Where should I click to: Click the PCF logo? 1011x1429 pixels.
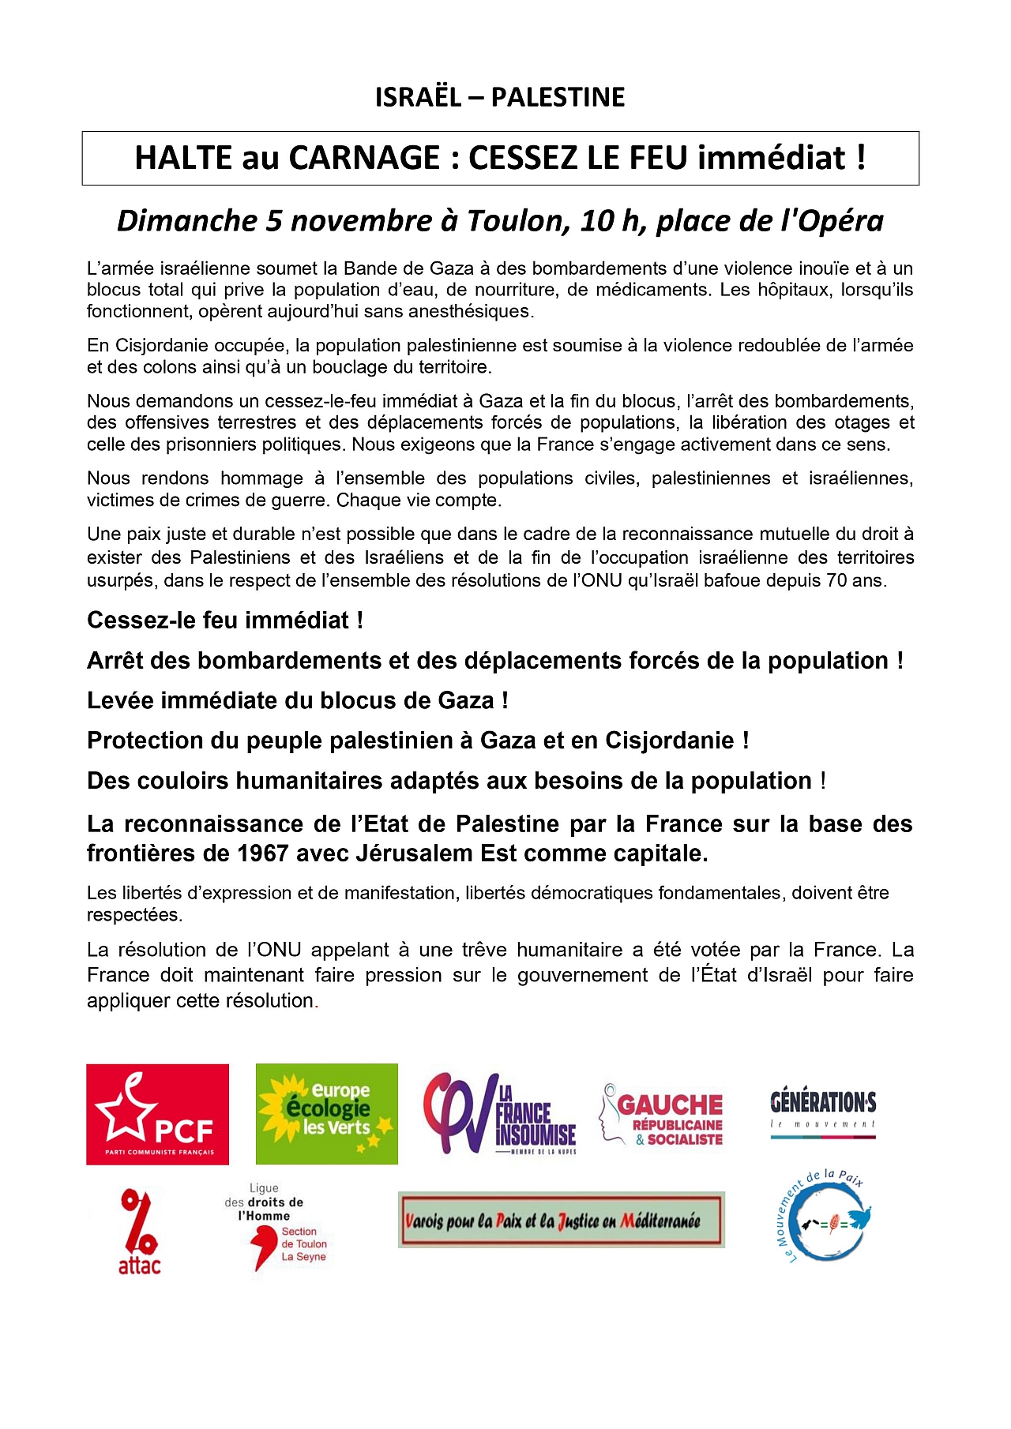pos(157,1114)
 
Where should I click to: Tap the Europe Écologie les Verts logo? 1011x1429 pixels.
pos(326,1113)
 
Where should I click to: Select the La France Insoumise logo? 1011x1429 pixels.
pos(500,1114)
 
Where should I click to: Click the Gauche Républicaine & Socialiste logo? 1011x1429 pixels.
pos(662,1115)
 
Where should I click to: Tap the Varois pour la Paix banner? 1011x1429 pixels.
pos(561,1220)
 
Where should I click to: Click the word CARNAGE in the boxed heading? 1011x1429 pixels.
pos(364,158)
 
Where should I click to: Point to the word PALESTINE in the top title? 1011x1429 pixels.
pos(558,97)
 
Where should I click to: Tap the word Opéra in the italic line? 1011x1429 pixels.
pos(840,221)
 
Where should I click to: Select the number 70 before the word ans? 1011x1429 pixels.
pos(842,580)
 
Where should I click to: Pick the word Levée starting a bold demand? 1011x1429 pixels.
pos(120,700)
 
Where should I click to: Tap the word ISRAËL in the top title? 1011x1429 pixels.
pos(418,97)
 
